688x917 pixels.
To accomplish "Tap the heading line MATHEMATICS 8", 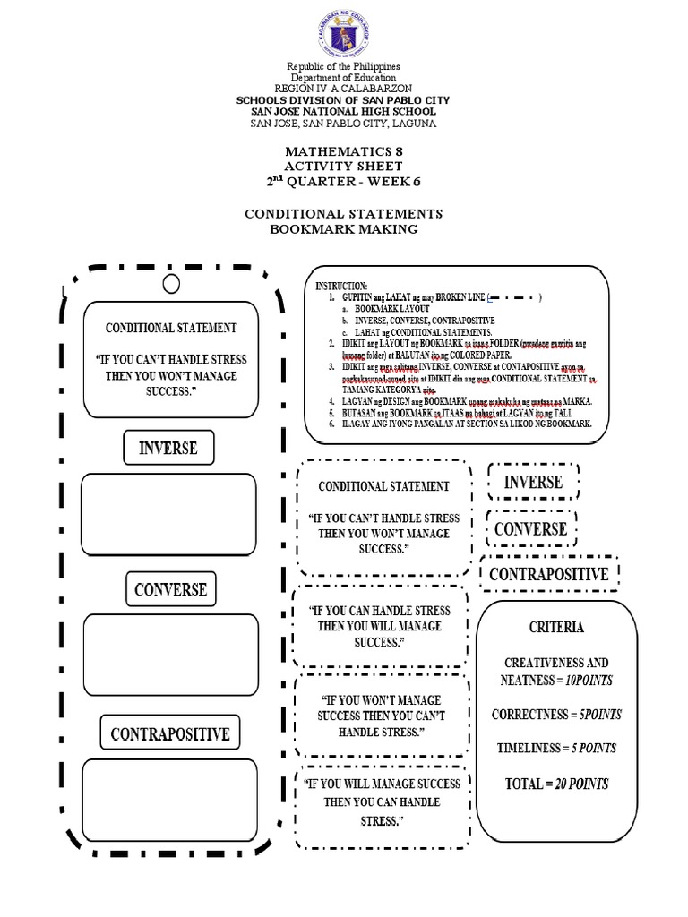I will (344, 152).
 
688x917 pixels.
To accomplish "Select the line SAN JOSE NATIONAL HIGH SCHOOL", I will (344, 111).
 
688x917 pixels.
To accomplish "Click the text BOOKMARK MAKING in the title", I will (344, 230).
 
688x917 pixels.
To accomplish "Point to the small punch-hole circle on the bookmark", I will (172, 285).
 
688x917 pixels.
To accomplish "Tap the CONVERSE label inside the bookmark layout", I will (170, 589).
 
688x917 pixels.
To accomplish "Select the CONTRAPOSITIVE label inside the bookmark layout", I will (170, 734).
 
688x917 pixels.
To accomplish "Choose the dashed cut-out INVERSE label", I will (533, 483).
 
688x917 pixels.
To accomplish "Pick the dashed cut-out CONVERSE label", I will (530, 528).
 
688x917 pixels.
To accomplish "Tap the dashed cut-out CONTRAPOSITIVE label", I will (549, 574).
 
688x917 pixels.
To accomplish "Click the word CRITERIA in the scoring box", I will (556, 628).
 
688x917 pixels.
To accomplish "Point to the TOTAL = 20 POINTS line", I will (556, 784).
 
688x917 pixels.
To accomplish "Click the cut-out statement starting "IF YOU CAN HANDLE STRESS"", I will (380, 626).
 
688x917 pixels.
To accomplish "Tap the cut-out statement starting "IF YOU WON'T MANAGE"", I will (380, 716).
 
